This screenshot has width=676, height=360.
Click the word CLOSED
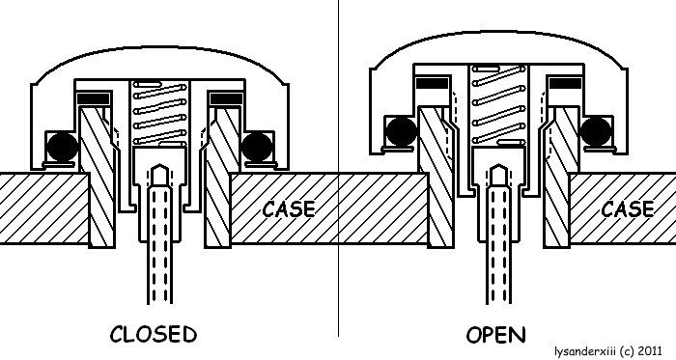point(154,335)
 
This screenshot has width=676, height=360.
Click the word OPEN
point(496,335)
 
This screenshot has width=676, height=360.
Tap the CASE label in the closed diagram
point(289,209)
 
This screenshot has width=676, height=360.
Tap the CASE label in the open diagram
point(628,209)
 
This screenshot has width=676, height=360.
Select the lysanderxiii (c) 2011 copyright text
point(608,350)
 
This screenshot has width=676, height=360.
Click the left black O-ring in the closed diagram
point(63,148)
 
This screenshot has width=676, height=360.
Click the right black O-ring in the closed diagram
point(257,148)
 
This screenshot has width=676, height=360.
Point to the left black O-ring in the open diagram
point(402,131)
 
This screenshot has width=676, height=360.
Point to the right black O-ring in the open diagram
point(596,131)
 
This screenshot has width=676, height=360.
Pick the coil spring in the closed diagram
point(159,114)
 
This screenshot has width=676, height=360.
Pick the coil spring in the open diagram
point(498,105)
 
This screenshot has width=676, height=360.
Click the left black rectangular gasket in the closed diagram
point(94,98)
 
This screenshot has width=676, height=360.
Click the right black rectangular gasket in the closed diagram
point(225,98)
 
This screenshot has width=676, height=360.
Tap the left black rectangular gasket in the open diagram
point(433,83)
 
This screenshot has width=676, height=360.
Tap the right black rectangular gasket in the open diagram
point(565,83)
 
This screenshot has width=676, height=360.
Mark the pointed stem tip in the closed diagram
point(159,165)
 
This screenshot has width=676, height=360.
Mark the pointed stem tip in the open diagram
point(499,165)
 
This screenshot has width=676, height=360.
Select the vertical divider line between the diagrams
point(338,168)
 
